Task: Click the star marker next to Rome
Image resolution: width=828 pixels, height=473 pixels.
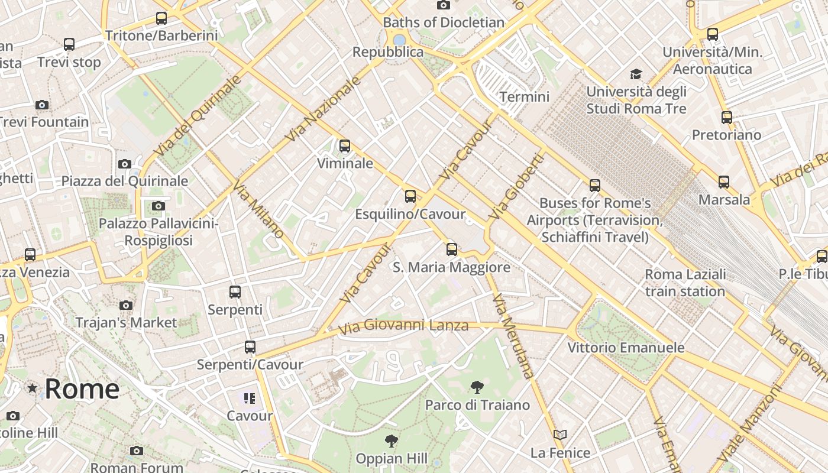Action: (32, 388)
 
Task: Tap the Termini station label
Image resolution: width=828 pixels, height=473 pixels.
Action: (524, 96)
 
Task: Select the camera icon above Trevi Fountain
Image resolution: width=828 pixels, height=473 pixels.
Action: (42, 105)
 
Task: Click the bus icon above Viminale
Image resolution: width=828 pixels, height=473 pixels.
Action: (345, 145)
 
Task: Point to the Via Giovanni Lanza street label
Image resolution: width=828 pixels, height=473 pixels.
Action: (403, 325)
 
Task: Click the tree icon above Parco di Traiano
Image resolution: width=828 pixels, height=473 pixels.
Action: (477, 387)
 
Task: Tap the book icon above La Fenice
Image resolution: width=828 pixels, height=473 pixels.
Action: (560, 435)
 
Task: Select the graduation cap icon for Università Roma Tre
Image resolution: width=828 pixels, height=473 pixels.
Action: (636, 74)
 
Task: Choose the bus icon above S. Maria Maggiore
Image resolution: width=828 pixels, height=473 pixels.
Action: (452, 250)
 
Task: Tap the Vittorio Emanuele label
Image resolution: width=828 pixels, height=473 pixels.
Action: (626, 347)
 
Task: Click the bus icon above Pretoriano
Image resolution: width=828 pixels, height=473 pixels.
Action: (727, 118)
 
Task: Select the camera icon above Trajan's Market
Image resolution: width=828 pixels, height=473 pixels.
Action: (126, 306)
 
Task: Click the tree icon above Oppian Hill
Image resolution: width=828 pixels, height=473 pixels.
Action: (391, 440)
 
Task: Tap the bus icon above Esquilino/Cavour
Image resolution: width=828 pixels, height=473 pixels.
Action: (410, 196)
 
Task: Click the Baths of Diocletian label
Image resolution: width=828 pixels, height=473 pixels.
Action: (444, 22)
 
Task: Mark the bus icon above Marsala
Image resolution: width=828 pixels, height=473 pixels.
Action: (724, 182)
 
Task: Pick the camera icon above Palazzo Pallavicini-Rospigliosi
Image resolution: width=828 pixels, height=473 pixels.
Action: (158, 206)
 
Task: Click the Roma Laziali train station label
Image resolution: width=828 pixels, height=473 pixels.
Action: (685, 283)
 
